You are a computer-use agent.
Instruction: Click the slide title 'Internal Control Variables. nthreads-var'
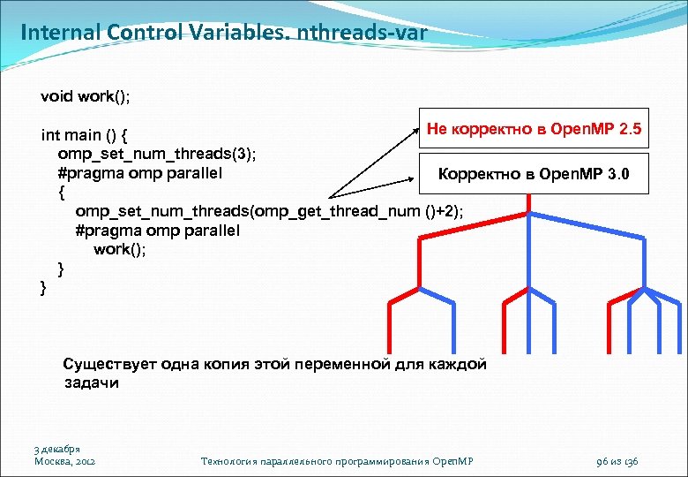(x=223, y=34)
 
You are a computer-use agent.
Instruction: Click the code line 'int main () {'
(x=86, y=135)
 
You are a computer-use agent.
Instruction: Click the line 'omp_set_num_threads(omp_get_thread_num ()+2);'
(x=268, y=211)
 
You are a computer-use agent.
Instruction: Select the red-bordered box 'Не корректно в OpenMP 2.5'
(x=534, y=130)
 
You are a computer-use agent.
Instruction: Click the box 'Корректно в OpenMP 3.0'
(x=534, y=174)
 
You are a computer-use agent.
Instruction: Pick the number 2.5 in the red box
(x=630, y=130)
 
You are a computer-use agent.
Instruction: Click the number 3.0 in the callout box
(x=618, y=174)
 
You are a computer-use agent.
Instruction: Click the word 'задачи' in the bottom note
(x=91, y=383)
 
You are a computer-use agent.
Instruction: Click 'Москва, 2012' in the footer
(x=64, y=461)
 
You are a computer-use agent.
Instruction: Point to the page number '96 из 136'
(x=617, y=461)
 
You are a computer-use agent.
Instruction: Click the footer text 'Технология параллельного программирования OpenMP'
(x=338, y=461)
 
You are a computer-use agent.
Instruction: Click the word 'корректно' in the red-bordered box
(x=489, y=130)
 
